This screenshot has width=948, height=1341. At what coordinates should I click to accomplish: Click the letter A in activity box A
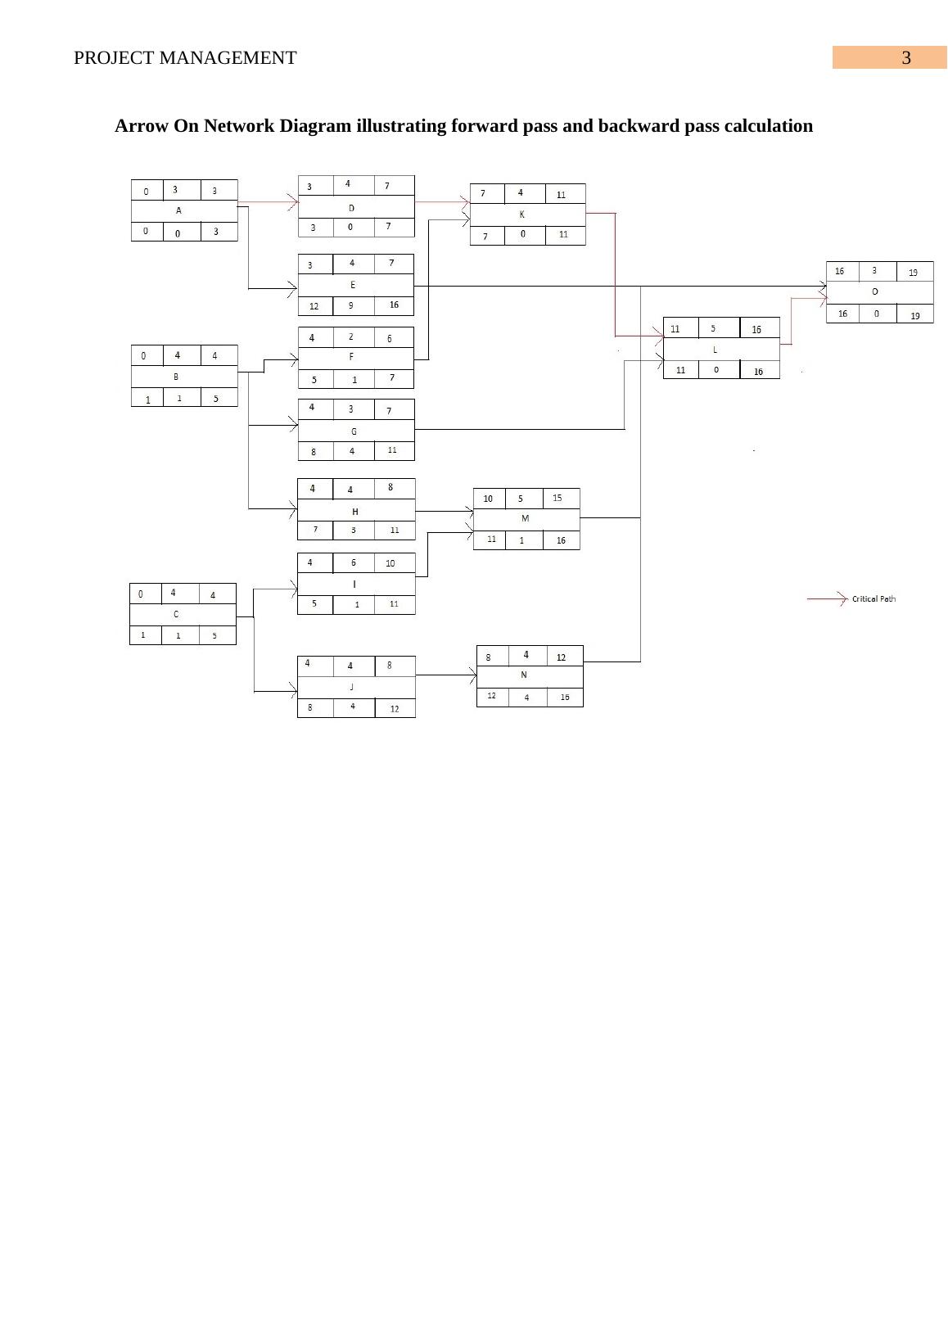(x=178, y=210)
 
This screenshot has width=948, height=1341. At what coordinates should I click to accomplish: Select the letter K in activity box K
(x=522, y=214)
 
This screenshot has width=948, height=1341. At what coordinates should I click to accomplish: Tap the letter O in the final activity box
(x=875, y=291)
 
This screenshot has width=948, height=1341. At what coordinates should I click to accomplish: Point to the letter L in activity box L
(x=716, y=349)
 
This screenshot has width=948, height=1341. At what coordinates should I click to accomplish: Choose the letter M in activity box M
(x=526, y=518)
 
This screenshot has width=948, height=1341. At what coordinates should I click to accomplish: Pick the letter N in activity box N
(x=524, y=675)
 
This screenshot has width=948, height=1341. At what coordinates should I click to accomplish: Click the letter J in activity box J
(x=352, y=687)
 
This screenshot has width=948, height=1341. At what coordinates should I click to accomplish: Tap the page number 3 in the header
(x=906, y=58)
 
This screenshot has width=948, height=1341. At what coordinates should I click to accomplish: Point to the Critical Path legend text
(x=874, y=599)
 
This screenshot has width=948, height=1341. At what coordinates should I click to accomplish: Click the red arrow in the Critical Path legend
(x=827, y=599)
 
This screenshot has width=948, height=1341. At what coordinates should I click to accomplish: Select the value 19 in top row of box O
(x=914, y=273)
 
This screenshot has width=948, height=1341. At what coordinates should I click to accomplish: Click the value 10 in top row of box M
(x=488, y=499)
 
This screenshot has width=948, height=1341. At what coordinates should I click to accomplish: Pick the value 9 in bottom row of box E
(x=351, y=305)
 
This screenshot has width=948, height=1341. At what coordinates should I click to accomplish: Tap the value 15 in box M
(x=558, y=498)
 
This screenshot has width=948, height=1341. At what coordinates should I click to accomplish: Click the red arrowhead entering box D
(x=292, y=201)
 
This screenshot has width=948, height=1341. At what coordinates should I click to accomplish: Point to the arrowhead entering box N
(x=472, y=675)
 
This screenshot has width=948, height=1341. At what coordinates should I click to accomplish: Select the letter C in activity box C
(x=176, y=614)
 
